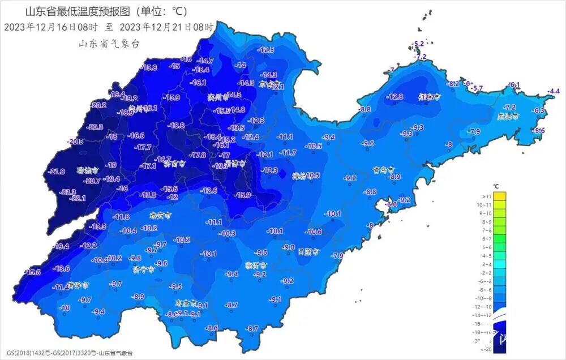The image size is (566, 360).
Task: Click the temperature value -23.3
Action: click(68, 192)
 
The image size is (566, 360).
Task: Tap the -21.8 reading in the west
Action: click(57, 172)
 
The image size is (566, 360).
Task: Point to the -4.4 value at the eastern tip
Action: click(553, 91)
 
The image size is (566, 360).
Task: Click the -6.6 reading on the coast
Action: click(392, 204)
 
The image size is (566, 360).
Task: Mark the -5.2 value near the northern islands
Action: click(418, 44)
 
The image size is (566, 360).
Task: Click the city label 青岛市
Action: click(384, 169)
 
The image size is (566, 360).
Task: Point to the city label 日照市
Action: click(308, 251)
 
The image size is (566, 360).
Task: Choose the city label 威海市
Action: click(508, 116)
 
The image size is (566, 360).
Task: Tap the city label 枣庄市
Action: click(186, 303)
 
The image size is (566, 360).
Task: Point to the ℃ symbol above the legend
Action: click(496, 186)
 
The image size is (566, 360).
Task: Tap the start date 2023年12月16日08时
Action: click(51, 27)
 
